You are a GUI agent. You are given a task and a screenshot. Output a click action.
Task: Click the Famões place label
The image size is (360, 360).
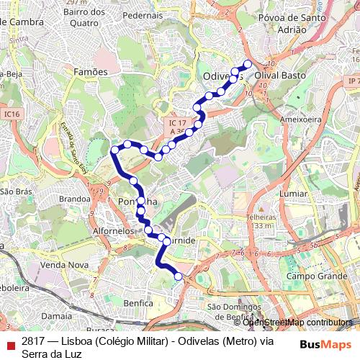tap(91, 72)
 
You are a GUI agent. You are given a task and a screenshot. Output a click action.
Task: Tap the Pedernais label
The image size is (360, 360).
tap(143, 14)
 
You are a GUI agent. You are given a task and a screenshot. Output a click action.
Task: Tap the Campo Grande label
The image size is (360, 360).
tap(312, 276)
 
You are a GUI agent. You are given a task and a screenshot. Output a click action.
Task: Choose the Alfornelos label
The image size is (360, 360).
tap(114, 232)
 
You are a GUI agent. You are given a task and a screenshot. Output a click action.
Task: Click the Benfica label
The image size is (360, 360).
tap(138, 303)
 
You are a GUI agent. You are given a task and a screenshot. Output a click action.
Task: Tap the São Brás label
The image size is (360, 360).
tap(16, 192)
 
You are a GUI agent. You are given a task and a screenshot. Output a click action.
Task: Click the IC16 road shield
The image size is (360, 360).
tap(10, 114)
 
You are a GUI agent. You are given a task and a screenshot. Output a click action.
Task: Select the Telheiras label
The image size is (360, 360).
tap(260, 216)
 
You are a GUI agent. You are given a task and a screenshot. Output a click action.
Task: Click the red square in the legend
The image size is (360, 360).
tap(10, 346)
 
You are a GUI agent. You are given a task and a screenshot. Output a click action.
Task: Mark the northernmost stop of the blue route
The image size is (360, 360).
tap(248, 63)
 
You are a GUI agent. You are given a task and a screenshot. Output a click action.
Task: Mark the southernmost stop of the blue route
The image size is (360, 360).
tap(179, 276)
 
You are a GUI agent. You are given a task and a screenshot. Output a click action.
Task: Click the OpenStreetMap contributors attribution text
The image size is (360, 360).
tap(297, 323)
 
